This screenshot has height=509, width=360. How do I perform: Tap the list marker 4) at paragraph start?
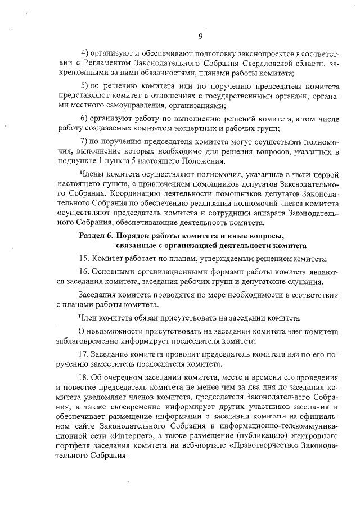click(x=87, y=53)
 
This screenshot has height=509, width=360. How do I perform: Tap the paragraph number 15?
click(x=85, y=258)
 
